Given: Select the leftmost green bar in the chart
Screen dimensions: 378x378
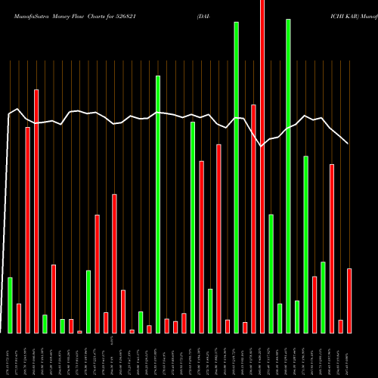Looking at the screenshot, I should (10, 305).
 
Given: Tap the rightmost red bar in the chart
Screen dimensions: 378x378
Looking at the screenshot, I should (349, 300).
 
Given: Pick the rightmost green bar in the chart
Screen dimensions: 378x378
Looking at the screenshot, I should (323, 297).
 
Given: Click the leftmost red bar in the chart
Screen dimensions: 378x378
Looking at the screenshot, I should (19, 318).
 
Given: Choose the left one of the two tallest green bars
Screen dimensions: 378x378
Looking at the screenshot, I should (236, 178).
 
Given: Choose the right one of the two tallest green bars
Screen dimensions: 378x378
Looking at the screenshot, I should (288, 175).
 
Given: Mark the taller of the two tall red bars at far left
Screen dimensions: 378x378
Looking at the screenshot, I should (36, 211).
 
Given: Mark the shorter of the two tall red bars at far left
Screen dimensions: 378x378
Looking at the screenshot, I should (27, 230).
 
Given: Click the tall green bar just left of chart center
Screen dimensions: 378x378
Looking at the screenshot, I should (158, 204).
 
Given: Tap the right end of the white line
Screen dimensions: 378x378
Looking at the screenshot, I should (348, 143).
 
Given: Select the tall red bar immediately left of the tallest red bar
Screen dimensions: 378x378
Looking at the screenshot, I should (253, 218).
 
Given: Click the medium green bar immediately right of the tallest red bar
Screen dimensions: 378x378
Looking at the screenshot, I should (271, 274).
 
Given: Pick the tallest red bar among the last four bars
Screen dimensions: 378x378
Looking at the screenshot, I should (332, 248).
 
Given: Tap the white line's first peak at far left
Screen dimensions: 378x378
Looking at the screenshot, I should (17, 110).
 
